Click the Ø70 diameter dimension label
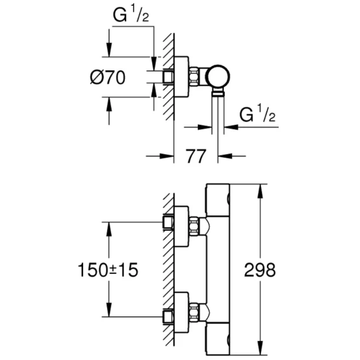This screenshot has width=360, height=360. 108,77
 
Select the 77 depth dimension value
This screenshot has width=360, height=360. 196,157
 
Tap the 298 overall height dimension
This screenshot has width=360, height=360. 260,270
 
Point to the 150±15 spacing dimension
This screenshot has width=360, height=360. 108,270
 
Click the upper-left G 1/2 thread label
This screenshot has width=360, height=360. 131,16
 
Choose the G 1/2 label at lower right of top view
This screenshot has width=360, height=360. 257,113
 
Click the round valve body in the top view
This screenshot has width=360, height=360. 218,77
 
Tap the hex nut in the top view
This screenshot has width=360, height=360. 194,77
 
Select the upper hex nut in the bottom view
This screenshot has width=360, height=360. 194,226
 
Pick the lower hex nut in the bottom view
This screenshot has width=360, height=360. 194,312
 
